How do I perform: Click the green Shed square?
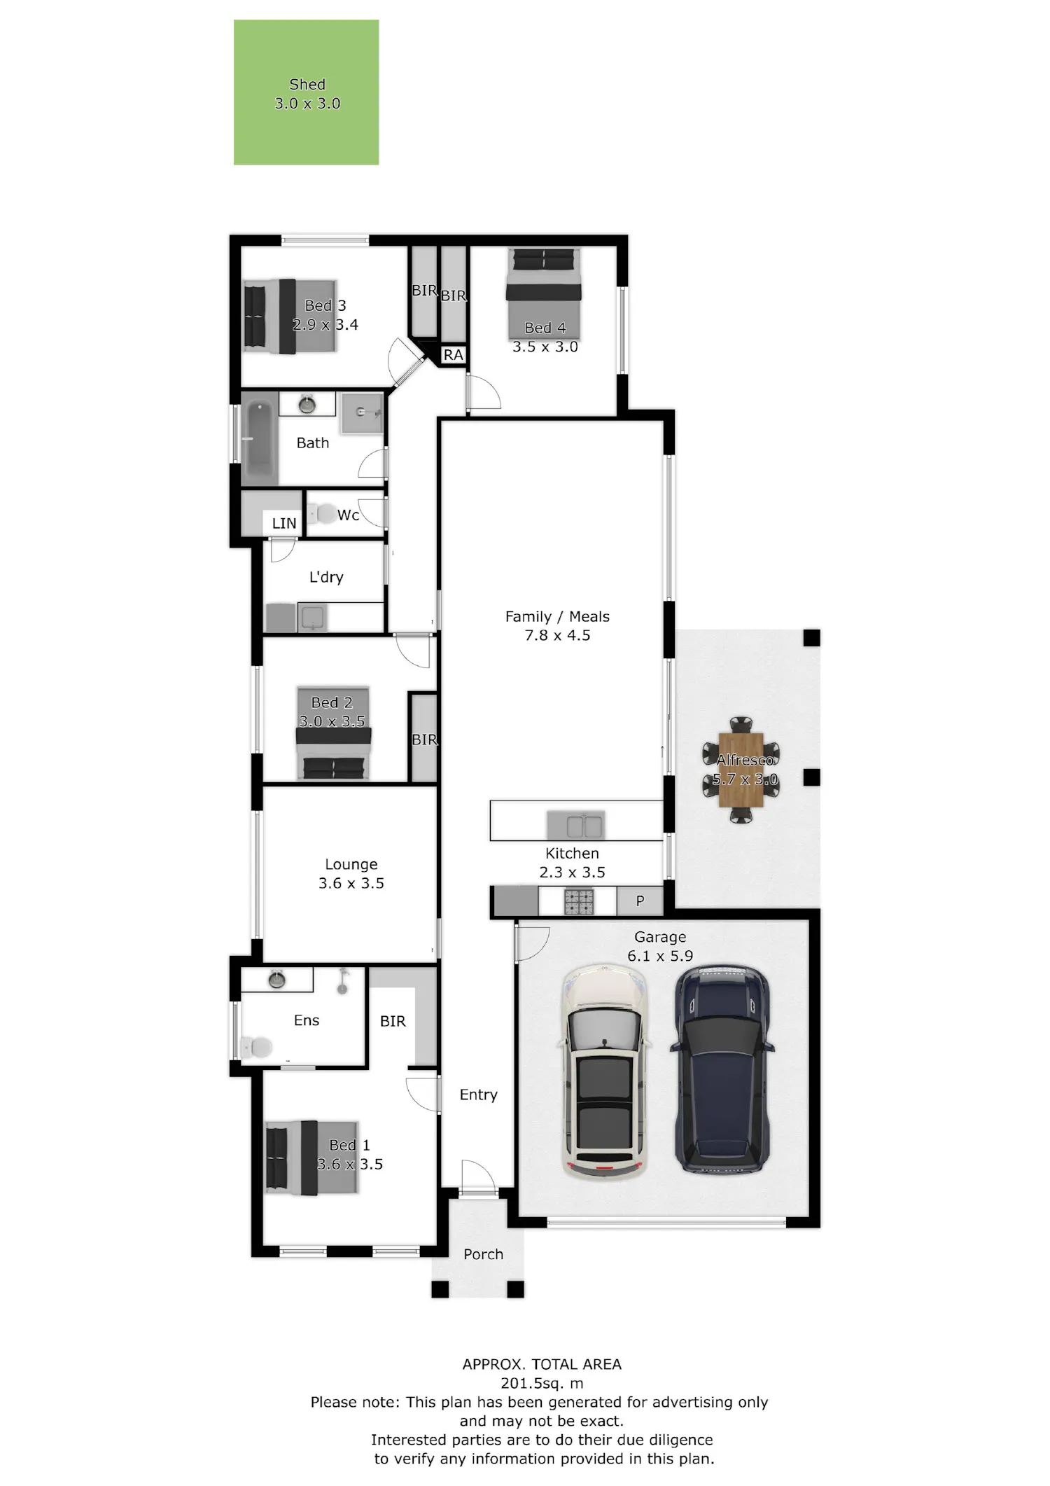click(306, 92)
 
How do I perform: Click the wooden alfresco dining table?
click(741, 769)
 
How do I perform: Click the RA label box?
click(454, 355)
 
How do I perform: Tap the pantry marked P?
click(640, 901)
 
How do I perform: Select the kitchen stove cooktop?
click(579, 901)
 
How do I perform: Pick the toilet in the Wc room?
click(322, 514)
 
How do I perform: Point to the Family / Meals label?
click(557, 616)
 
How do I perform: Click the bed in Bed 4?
click(544, 292)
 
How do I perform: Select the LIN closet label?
click(284, 523)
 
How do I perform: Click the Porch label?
click(483, 1254)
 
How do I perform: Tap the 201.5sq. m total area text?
click(542, 1383)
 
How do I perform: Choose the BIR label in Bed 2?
click(424, 739)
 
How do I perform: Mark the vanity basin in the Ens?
click(276, 980)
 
